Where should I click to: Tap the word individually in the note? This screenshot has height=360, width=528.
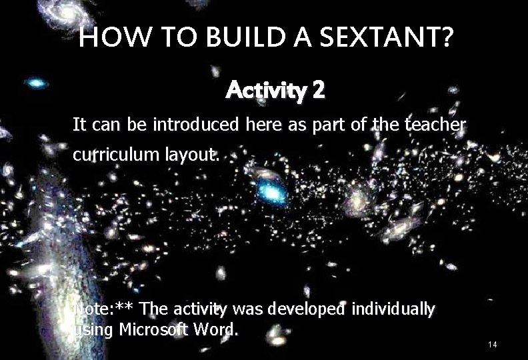(393, 309)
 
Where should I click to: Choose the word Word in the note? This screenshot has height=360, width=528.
(217, 329)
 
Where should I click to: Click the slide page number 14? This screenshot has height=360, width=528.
(493, 344)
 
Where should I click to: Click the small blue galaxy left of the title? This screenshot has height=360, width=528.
(37, 83)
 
